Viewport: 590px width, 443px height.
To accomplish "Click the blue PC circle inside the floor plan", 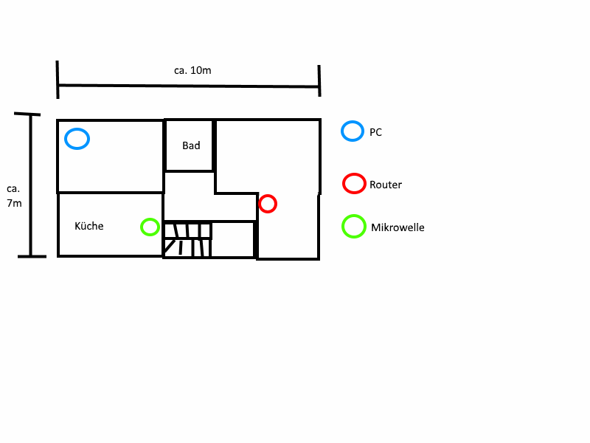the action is [65, 139].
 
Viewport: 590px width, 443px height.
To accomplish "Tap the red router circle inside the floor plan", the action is [260, 204].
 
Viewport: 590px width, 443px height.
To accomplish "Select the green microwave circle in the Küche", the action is [141, 227].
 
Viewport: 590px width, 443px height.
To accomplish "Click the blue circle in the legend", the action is [342, 131].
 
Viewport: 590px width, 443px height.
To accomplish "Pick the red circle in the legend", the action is [343, 183].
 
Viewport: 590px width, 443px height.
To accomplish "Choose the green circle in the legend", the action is [343, 227].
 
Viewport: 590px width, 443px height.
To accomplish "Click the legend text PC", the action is [375, 132].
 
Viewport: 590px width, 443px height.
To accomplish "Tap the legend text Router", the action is [386, 185].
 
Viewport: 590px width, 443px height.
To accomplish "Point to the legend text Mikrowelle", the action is [398, 227].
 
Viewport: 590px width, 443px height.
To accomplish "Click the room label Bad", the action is [191, 145].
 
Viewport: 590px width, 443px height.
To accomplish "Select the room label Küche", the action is [88, 226].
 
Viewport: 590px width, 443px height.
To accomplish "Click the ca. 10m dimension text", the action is [192, 70].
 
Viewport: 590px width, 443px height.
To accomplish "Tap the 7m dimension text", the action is [14, 204].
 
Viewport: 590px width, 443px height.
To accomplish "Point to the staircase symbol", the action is [188, 239].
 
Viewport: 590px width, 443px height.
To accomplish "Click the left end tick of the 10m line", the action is [58, 80].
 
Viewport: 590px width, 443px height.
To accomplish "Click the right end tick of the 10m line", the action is [319, 80].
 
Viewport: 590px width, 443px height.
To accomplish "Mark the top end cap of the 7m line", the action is [27, 114].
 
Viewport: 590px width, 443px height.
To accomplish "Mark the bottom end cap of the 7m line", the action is [32, 256].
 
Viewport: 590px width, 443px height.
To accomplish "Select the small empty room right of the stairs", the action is [233, 239].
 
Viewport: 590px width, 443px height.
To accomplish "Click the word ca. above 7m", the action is [13, 189].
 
